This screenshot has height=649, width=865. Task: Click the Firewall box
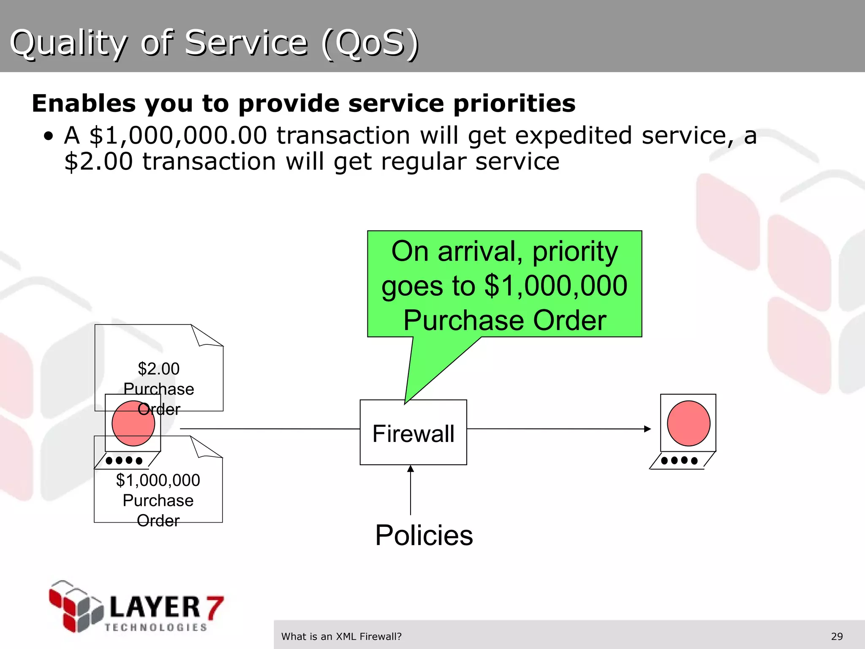[x=413, y=433]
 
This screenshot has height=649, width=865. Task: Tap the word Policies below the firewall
[x=424, y=535]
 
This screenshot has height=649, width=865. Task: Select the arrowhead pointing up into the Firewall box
[x=411, y=469]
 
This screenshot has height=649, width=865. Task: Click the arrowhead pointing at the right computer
[x=647, y=429]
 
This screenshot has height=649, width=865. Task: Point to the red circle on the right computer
[x=688, y=423]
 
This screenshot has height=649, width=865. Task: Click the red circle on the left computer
[x=133, y=423]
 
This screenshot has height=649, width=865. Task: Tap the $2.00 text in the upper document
[x=158, y=369]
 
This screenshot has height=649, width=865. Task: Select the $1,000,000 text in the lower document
[x=158, y=480]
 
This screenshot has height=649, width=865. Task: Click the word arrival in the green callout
[x=477, y=251]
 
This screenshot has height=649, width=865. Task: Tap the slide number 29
[x=837, y=636]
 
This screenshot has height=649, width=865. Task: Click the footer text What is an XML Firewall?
[x=341, y=636]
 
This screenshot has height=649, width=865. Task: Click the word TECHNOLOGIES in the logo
[x=156, y=627]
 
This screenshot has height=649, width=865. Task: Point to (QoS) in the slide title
[x=370, y=43]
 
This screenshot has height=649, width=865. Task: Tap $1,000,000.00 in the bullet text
[x=178, y=136]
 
